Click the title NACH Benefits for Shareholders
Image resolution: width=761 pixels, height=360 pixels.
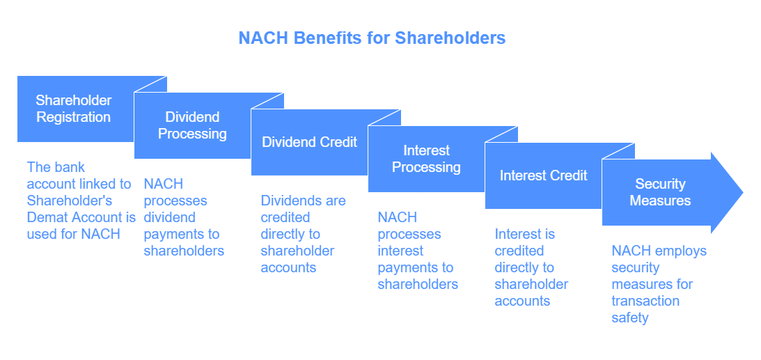point(372,38)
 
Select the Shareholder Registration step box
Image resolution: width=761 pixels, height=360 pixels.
point(74,109)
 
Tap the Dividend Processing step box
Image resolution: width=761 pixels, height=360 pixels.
point(192,125)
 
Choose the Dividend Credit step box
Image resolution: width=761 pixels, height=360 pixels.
point(309,142)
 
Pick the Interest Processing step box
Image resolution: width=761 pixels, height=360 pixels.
point(426,159)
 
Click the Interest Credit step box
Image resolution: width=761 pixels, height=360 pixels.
point(543,175)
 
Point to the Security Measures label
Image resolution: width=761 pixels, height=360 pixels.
point(660,192)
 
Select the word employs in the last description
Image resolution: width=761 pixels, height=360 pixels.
point(683,251)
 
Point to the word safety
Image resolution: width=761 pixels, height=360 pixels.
point(630,318)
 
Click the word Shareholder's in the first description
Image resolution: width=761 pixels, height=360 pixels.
point(68,201)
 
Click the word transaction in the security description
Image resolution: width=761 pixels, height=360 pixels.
point(645,301)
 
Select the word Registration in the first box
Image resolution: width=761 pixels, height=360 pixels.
point(74,117)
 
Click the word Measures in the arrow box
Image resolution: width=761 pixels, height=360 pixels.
point(660,201)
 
